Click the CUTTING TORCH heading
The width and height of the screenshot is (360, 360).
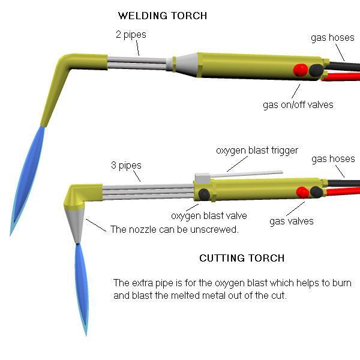point(242,258)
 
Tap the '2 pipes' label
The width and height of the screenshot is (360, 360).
point(131,35)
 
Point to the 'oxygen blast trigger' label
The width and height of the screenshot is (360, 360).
point(257,150)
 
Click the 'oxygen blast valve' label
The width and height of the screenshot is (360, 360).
point(209,216)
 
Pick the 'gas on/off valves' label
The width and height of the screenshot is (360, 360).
point(298,104)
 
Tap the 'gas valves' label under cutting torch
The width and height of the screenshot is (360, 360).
point(292,221)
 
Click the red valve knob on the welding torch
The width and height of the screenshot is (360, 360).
point(300,70)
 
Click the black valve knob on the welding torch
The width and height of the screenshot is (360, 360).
point(315,70)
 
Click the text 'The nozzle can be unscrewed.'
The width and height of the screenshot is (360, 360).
point(166,229)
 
